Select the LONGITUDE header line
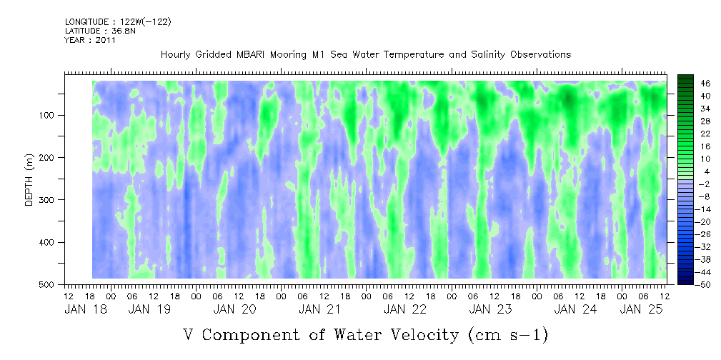click(118, 22)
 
